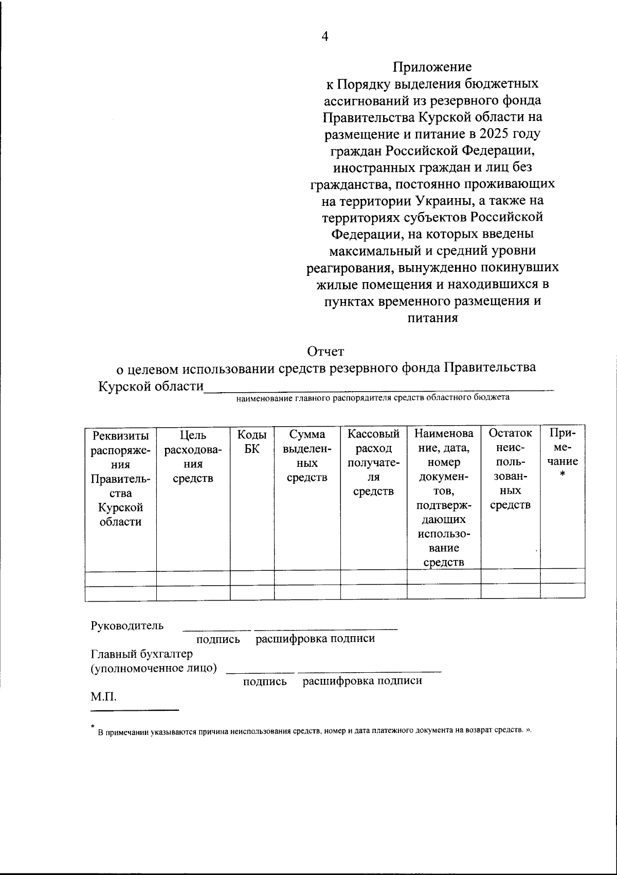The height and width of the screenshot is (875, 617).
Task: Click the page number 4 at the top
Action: coord(324,36)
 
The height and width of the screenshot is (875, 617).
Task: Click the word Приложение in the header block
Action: coord(432,67)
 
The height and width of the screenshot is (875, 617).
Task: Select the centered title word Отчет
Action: coord(325,352)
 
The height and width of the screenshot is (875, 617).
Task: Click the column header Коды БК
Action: coord(252,441)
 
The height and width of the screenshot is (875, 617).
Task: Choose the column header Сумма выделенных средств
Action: coord(307,456)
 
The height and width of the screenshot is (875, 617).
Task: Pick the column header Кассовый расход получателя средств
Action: coord(373,462)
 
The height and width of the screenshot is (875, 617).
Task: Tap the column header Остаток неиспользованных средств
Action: coord(510,469)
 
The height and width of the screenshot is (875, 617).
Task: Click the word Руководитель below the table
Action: coord(128,625)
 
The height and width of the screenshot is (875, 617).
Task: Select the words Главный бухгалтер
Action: coord(142,654)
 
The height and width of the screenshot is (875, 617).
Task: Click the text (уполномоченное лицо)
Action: coord(154,668)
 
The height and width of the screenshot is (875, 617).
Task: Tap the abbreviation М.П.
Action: coord(103,697)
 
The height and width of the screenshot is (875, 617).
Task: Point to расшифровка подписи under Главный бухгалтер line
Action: coord(362,681)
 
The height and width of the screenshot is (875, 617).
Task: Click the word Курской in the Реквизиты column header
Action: coord(120,507)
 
